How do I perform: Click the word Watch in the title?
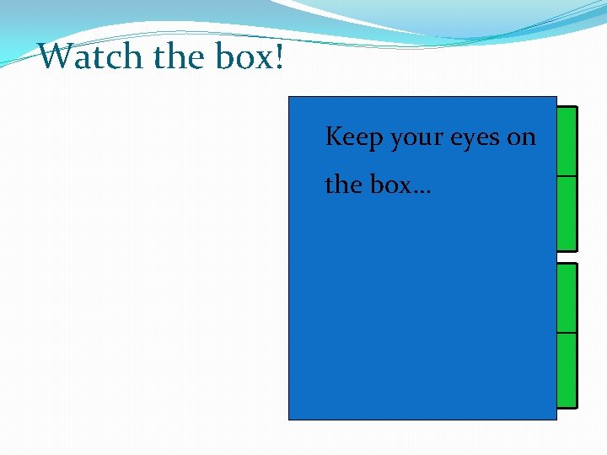pyautogui.click(x=91, y=56)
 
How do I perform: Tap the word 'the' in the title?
pyautogui.click(x=180, y=56)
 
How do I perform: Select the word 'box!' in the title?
pyautogui.click(x=250, y=56)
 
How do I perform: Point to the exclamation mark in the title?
pyautogui.click(x=277, y=56)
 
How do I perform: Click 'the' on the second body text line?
pyautogui.click(x=343, y=184)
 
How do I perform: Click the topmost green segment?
pyautogui.click(x=567, y=142)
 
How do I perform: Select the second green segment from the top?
pyautogui.click(x=567, y=213)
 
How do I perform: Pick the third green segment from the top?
pyautogui.click(x=567, y=298)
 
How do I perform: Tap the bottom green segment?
pyautogui.click(x=567, y=370)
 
